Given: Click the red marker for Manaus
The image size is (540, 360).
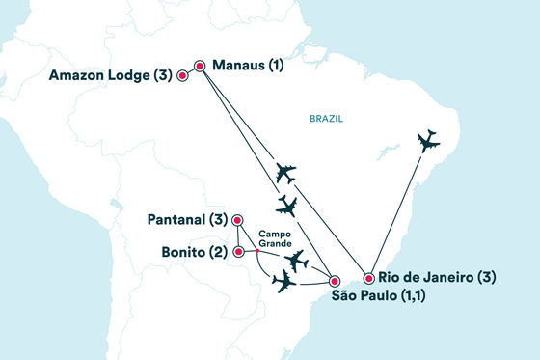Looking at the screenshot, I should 200,67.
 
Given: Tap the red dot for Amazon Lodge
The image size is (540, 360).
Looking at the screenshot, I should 182,74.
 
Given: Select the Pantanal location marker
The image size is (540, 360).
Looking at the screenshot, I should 237,219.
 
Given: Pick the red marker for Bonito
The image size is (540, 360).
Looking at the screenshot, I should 237,251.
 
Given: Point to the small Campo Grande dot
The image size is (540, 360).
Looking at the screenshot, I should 256,253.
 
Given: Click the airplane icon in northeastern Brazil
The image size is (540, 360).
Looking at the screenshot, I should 427,142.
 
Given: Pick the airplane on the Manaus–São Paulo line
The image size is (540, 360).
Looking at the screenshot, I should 286,206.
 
